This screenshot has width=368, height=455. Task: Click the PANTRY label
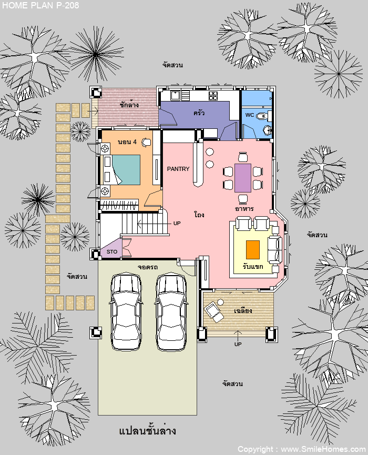(178, 169)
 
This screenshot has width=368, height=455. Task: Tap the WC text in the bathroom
(249, 115)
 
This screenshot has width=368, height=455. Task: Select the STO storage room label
(112, 251)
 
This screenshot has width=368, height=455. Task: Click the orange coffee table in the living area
(252, 249)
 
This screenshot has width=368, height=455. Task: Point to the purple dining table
(243, 178)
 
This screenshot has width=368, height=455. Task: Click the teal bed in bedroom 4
(126, 170)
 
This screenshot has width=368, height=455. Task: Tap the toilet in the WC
(262, 116)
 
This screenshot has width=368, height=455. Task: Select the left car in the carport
(126, 311)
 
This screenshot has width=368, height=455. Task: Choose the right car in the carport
(171, 311)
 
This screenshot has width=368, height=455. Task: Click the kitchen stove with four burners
(213, 95)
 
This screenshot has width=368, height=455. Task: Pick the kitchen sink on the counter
(175, 95)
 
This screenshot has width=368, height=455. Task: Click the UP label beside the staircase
(177, 223)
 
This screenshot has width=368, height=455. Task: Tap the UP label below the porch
(238, 344)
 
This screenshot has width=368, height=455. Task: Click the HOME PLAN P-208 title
(40, 5)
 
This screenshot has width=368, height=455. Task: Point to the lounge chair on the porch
(214, 311)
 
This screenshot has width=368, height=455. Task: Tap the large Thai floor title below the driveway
(147, 430)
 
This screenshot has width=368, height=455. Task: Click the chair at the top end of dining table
(243, 157)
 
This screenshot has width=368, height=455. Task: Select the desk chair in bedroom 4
(147, 142)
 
